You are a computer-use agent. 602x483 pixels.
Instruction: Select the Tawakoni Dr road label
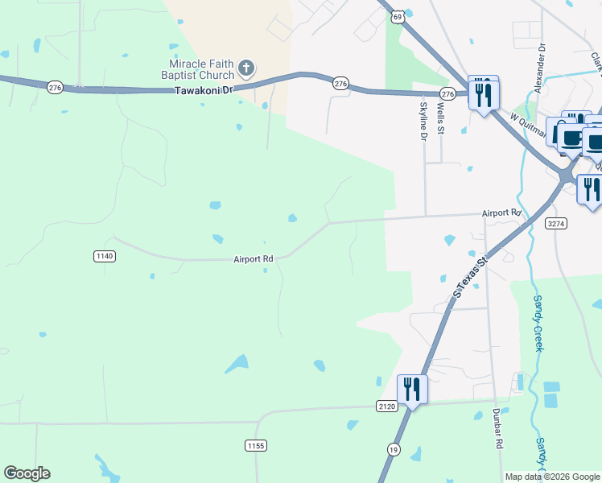(204, 90)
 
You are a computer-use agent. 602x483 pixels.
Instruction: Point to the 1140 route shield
(105, 256)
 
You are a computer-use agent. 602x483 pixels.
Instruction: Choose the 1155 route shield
(256, 445)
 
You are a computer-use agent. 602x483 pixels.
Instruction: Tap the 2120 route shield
(386, 407)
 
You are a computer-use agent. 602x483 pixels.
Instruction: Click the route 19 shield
(393, 449)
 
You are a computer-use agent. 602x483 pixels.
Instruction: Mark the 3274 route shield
(555, 222)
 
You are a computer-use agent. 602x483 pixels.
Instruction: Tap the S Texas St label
(471, 279)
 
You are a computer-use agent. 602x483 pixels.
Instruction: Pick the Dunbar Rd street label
(498, 428)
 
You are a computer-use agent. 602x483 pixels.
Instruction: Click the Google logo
(27, 473)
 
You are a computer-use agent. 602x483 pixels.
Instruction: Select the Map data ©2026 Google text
(551, 477)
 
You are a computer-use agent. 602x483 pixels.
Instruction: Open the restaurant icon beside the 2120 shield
(412, 390)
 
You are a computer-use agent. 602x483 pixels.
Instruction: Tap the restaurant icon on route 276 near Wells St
(483, 95)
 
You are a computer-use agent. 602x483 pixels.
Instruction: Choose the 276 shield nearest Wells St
(448, 94)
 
